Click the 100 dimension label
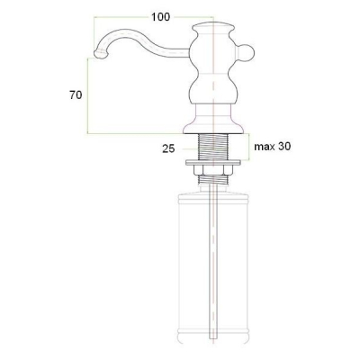click(160, 17)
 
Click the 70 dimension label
click(76, 95)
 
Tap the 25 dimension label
click(168, 148)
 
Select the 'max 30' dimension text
click(273, 147)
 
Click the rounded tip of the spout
click(101, 54)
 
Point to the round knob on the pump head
click(247, 53)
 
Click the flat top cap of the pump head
click(213, 25)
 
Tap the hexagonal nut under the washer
click(213, 170)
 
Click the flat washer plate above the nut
click(213, 163)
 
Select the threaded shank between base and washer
click(213, 147)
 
